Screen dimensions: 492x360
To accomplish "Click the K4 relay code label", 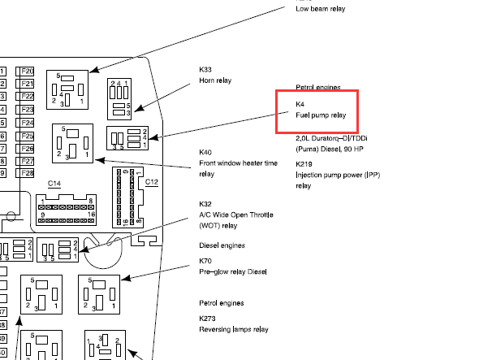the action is pos(300,104).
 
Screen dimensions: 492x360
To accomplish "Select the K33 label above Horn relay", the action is pos(205,69).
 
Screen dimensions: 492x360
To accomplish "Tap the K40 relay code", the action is pos(205,152).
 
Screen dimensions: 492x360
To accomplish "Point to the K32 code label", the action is pos(205,204).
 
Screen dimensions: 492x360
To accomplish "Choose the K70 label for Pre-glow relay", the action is pos(205,261).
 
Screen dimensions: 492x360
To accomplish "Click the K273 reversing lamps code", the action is pos(207,319).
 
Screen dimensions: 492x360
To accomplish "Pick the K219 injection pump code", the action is pos(304,164).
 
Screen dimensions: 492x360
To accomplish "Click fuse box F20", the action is pos(28,72).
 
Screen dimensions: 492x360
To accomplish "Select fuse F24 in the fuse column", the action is pos(28,123).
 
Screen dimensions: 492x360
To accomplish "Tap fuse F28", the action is pos(28,173).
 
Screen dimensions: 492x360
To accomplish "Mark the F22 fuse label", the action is pos(28,97).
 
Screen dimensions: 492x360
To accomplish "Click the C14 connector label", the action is pos(54,184).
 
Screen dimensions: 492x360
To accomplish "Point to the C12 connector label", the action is pos(152,182).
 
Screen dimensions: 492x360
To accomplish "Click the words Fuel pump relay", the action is pos(321,115).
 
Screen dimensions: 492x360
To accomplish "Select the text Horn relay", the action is pos(215,80).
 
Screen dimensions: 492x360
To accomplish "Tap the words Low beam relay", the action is pos(321,9).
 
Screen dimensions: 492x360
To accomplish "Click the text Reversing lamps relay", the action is pos(234,330).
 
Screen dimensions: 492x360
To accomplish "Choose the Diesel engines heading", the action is pos(222,245).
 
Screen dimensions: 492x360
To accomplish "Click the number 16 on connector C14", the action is pos(91,215).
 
